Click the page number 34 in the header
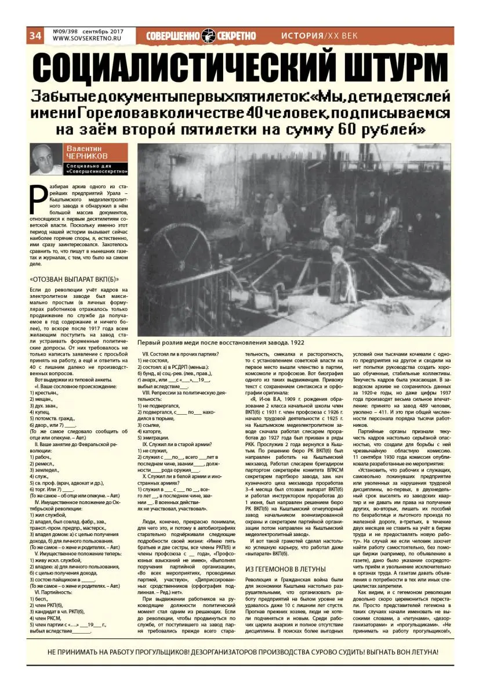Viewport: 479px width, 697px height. [35, 35]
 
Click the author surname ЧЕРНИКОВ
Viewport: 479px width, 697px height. [88, 157]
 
